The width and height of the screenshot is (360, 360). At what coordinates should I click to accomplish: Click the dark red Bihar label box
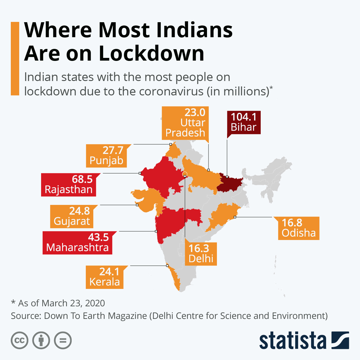tap(244, 122)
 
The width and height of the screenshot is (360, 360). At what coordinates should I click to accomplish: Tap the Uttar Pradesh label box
tap(185, 123)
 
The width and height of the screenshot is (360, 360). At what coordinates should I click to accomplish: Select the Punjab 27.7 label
tap(106, 156)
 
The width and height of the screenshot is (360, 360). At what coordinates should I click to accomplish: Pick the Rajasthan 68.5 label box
tap(68, 185)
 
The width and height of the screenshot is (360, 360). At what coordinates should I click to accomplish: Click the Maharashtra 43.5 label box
tap(77, 243)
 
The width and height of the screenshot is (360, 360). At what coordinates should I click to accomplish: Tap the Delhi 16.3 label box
tap(201, 254)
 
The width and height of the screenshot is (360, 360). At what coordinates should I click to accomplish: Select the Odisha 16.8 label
tap(298, 228)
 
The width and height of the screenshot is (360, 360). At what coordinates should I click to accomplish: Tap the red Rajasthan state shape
tap(159, 177)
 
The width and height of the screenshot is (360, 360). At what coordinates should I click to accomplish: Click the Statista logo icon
tap(340, 340)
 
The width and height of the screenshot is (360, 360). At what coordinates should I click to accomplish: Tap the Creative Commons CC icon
tap(19, 340)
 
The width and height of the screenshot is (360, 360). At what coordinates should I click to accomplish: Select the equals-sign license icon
tap(63, 340)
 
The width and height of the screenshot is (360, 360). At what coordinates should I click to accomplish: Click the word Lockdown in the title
tap(151, 53)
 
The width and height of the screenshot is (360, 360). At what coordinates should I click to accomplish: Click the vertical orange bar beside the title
tap(15, 58)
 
